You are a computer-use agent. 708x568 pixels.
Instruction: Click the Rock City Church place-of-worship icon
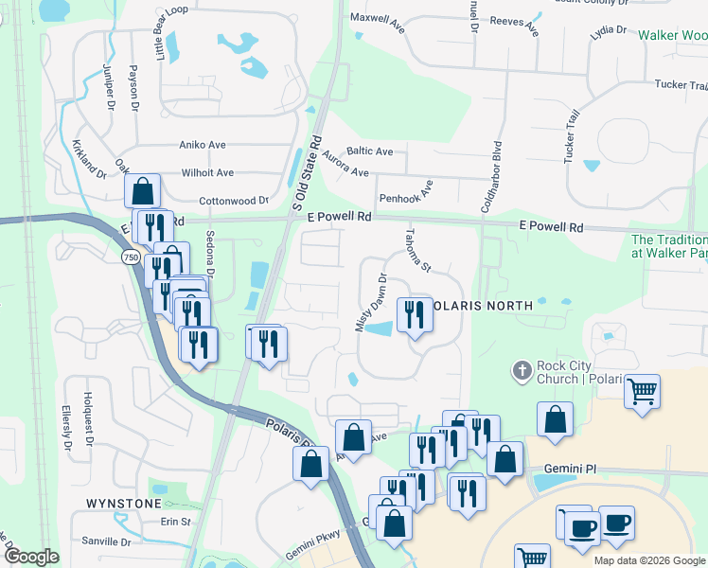(x=522, y=370)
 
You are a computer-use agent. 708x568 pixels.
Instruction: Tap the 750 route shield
(x=132, y=257)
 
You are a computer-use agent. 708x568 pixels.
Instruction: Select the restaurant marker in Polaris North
(x=414, y=314)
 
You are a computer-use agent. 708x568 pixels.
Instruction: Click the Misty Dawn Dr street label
(x=371, y=302)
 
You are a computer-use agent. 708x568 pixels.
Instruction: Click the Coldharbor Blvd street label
(x=491, y=176)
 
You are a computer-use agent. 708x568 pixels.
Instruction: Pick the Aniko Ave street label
(x=203, y=145)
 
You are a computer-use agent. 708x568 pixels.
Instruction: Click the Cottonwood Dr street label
(x=234, y=201)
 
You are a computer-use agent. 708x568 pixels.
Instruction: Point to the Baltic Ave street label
(x=370, y=151)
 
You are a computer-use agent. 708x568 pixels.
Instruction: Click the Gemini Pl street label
(x=569, y=469)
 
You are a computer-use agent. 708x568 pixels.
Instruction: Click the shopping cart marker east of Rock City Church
(x=642, y=391)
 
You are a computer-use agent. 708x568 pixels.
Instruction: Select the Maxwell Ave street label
(x=378, y=23)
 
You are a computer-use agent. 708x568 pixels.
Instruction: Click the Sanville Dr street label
(x=106, y=541)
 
